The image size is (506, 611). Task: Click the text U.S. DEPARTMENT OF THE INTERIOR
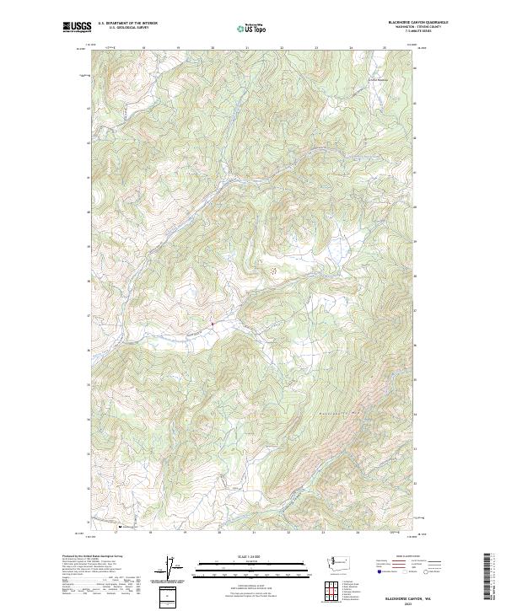[x=127, y=24]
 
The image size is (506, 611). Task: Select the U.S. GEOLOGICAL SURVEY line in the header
[x=126, y=28]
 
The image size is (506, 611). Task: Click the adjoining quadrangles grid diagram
[x=332, y=591]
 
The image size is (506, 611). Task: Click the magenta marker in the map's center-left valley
[x=212, y=323]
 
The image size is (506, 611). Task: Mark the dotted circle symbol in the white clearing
[x=272, y=271]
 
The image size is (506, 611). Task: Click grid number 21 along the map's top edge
[x=247, y=48]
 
